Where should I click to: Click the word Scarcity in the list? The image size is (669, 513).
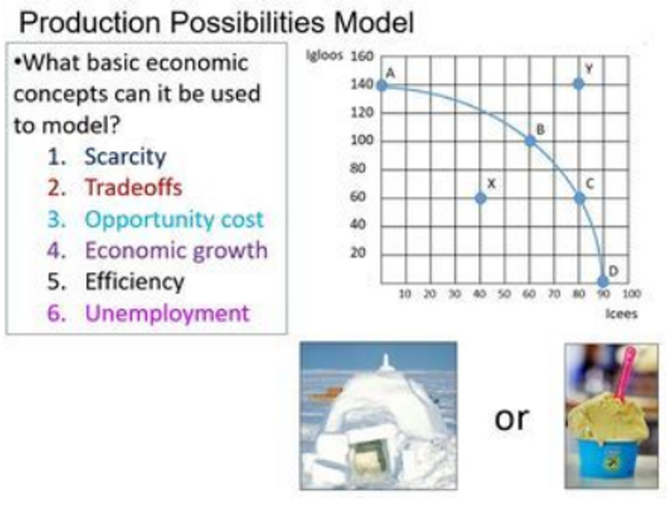pyautogui.click(x=125, y=156)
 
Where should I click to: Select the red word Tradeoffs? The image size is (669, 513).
pyautogui.click(x=133, y=188)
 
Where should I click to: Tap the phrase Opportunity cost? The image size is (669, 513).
pyautogui.click(x=174, y=219)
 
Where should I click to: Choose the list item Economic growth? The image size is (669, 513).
pyautogui.click(x=176, y=250)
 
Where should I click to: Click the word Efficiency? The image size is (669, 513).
pyautogui.click(x=134, y=282)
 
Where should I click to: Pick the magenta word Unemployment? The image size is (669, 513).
pyautogui.click(x=167, y=313)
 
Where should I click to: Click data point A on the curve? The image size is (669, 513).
pyautogui.click(x=382, y=85)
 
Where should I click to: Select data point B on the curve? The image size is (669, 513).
pyautogui.click(x=530, y=141)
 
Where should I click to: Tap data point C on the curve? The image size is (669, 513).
pyautogui.click(x=579, y=197)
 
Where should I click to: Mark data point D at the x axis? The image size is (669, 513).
pyautogui.click(x=603, y=282)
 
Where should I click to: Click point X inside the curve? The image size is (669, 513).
pyautogui.click(x=481, y=198)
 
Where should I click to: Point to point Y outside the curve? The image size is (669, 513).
pyautogui.click(x=579, y=84)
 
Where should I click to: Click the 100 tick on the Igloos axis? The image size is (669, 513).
pyautogui.click(x=362, y=141)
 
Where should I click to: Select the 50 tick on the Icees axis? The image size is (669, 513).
pyautogui.click(x=503, y=294)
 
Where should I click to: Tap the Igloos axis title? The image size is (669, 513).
pyautogui.click(x=324, y=55)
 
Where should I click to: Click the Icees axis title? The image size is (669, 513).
pyautogui.click(x=621, y=313)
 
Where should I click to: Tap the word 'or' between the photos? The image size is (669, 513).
pyautogui.click(x=512, y=418)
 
